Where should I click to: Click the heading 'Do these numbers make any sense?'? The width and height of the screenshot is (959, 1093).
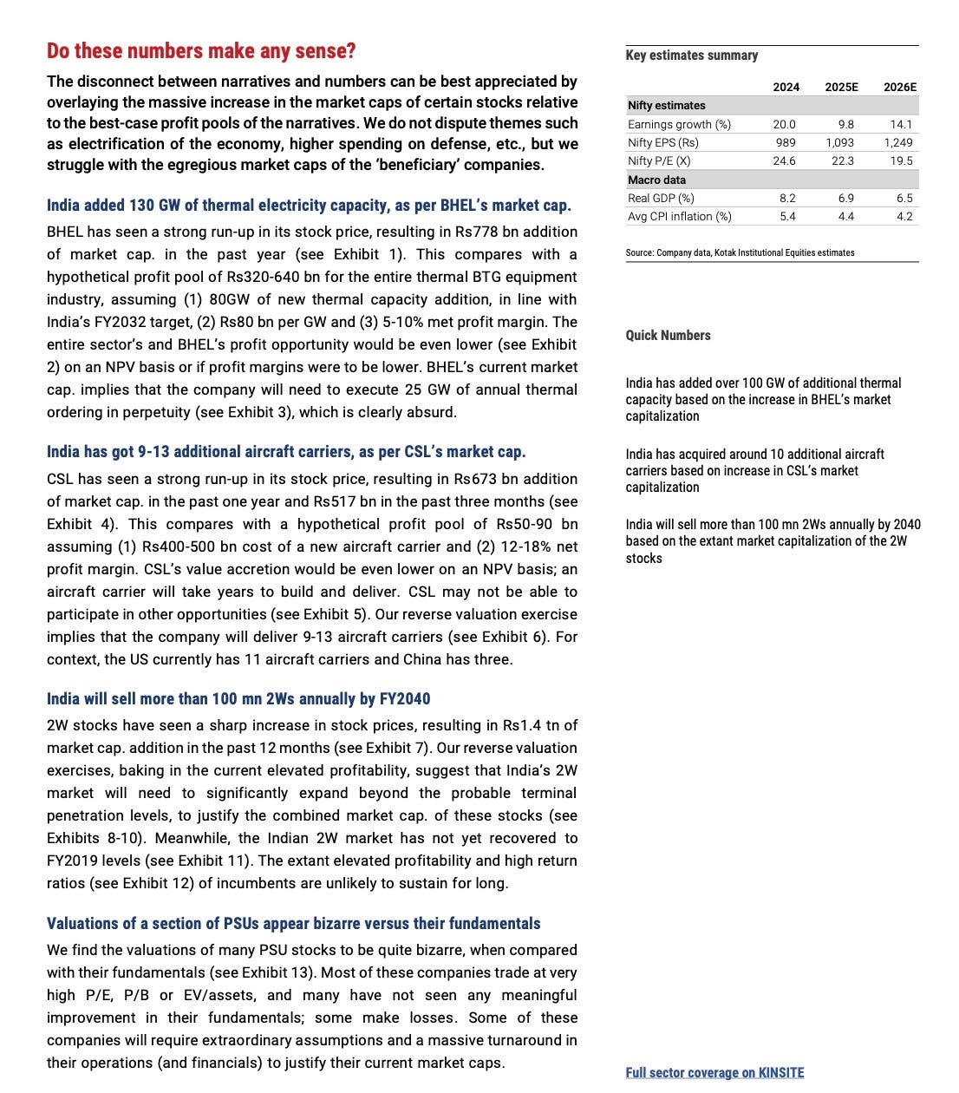point(201,51)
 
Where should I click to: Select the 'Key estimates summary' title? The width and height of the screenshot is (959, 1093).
point(691,55)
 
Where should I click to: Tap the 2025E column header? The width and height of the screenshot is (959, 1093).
point(841,87)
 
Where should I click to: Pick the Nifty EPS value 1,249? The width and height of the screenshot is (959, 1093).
point(898,142)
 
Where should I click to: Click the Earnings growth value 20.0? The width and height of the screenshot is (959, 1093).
point(784,124)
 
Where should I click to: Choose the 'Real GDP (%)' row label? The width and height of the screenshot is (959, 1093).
point(661,198)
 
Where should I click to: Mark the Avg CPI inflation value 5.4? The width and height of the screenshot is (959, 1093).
point(787,216)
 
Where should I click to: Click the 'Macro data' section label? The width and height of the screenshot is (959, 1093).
point(656,180)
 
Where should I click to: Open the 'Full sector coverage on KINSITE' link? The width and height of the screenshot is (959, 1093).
point(714,1072)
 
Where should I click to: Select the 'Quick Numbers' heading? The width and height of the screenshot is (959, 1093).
point(668,335)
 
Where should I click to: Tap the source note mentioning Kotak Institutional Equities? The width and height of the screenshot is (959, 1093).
point(740,252)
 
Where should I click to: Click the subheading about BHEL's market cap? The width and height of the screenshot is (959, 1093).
point(309,206)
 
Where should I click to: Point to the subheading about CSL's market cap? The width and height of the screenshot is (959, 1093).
point(286,452)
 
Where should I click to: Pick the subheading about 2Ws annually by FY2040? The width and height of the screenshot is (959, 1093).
point(238,699)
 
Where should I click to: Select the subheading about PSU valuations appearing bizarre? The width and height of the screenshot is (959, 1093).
point(293,924)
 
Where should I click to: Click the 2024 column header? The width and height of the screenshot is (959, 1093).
point(786,87)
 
